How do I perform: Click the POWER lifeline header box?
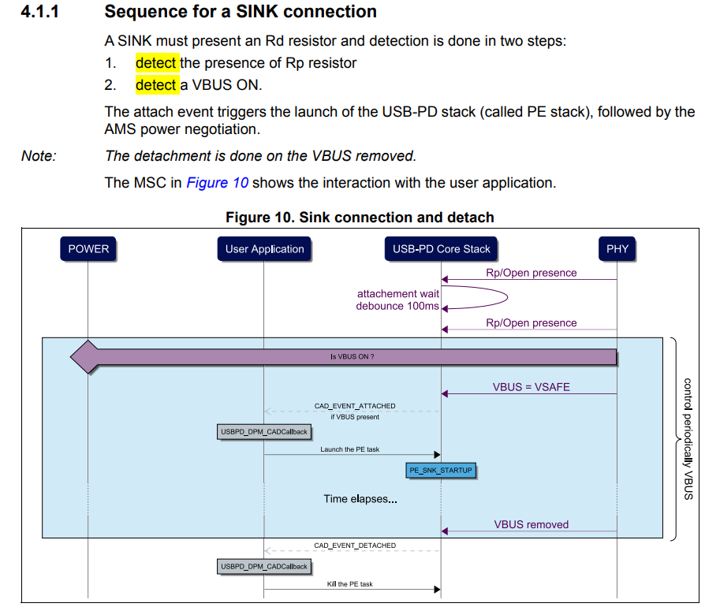(x=88, y=249)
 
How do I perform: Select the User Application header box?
(x=264, y=249)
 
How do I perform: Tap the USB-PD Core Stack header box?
(x=442, y=249)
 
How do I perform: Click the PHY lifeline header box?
(x=617, y=249)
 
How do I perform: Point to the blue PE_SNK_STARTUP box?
(x=442, y=470)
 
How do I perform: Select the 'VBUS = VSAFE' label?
(x=531, y=387)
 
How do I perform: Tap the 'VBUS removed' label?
(x=531, y=524)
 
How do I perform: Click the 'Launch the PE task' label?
(x=349, y=449)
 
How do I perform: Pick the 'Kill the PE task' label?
(x=349, y=584)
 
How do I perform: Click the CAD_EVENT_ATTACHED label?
(x=355, y=406)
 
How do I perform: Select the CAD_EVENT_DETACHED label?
(x=355, y=545)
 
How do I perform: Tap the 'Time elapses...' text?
(x=360, y=499)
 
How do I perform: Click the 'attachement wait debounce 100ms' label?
(x=398, y=300)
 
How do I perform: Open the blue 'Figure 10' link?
(x=218, y=183)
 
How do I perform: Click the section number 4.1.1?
(x=46, y=13)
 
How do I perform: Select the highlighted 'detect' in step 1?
(x=157, y=63)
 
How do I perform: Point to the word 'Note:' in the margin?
(x=39, y=156)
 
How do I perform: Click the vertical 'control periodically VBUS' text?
(x=688, y=438)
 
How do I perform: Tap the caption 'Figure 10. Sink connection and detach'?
(x=360, y=217)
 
